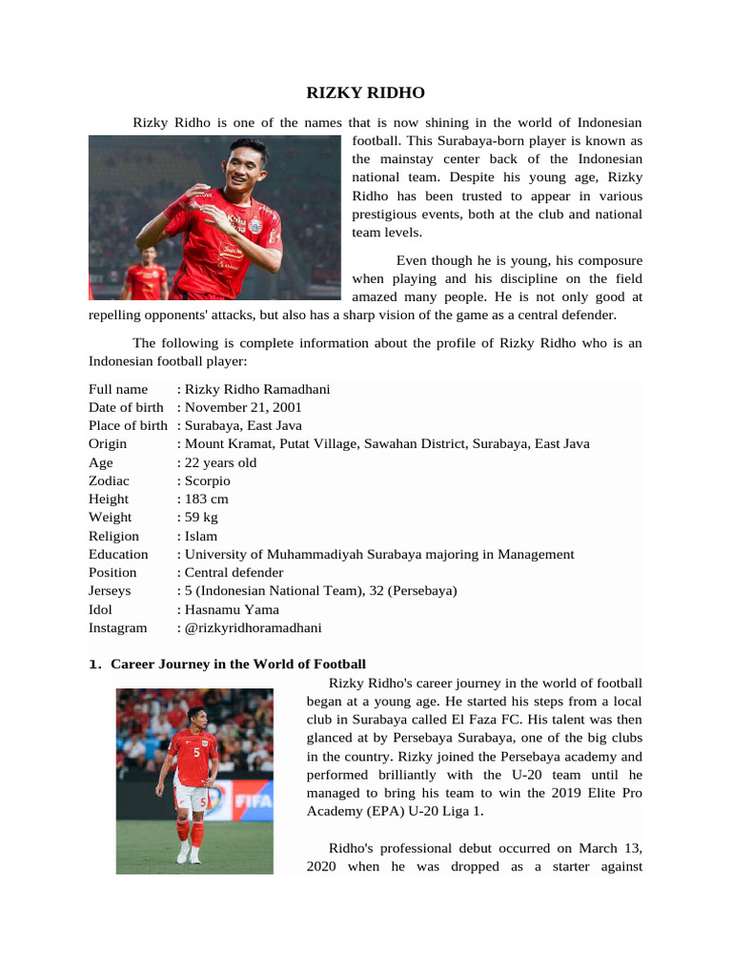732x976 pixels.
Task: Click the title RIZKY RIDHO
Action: (365, 92)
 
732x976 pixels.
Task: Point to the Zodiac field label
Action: (109, 480)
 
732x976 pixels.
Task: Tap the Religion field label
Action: (113, 536)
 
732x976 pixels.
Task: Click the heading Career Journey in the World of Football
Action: (238, 663)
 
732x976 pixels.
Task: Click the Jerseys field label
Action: (110, 590)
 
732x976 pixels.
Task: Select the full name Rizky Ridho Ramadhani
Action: (257, 389)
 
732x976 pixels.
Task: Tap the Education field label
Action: (118, 554)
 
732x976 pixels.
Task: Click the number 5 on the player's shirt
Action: (196, 752)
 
